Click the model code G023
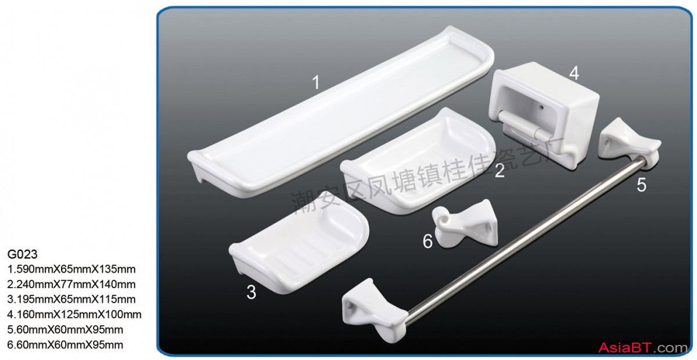pos(22,254)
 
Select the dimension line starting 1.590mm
pos(71,269)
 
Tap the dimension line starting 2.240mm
pos(71,285)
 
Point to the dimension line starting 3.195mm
pos(71,300)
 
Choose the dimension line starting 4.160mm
pos(74,315)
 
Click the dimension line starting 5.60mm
pos(65,329)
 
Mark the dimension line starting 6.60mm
pos(65,345)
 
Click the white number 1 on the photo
pos(316,82)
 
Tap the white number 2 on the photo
pos(500,171)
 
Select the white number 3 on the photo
pos(251,292)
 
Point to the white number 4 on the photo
pos(574,73)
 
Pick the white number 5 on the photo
pos(641,185)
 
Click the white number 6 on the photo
pos(427,241)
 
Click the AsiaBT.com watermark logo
pos(642,348)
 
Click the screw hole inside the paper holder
pos(542,107)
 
